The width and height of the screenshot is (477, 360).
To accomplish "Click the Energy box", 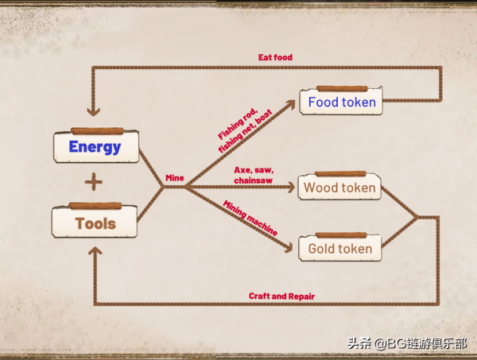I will point(95,147).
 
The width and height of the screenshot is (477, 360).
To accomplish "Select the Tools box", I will point(95,223).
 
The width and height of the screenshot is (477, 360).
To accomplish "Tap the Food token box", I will point(341,103).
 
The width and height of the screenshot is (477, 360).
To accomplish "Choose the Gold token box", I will point(339,249).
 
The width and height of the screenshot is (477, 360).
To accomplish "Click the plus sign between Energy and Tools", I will point(94,183).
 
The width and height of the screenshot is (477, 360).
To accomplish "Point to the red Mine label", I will point(174,178).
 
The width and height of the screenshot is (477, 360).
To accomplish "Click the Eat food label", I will point(276,57).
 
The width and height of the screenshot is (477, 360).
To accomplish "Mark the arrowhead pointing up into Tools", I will point(95,252).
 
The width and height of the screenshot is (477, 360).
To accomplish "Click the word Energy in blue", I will point(95,147).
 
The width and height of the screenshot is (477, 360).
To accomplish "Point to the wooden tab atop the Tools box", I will point(95,206).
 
